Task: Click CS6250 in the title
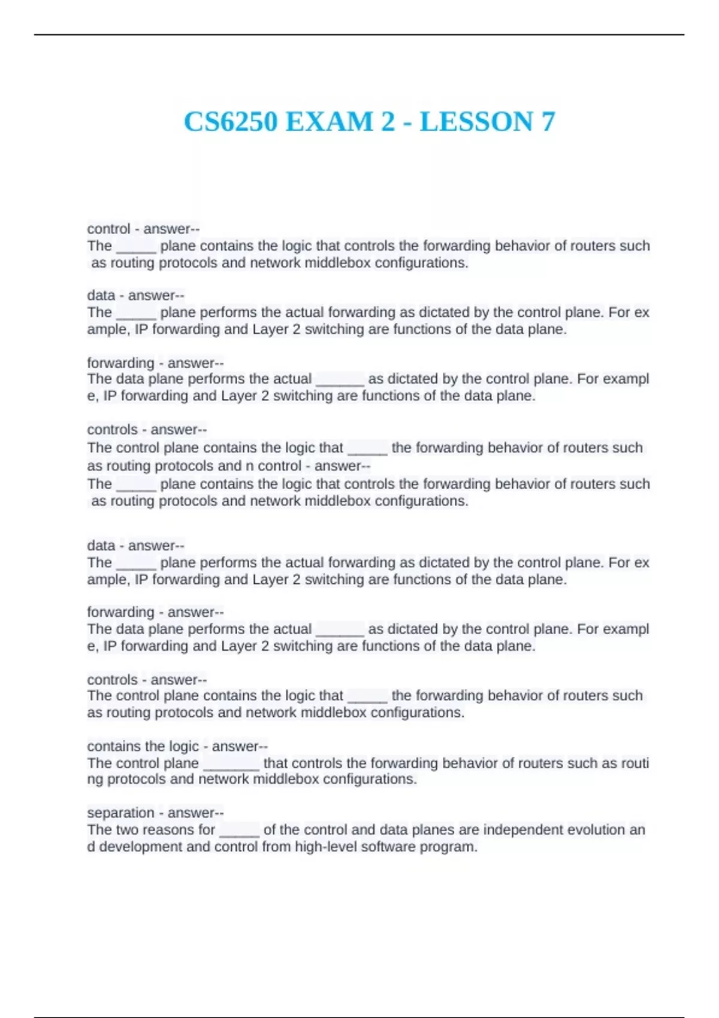[231, 122]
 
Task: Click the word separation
[120, 813]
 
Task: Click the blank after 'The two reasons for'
[239, 831]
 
